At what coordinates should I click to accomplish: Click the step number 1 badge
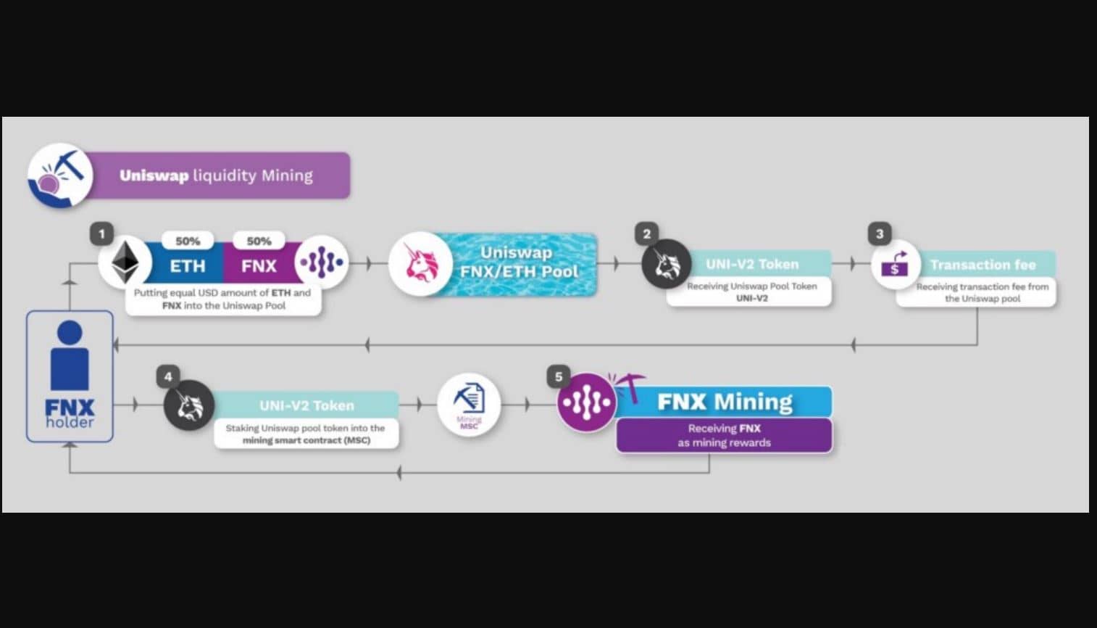(x=102, y=234)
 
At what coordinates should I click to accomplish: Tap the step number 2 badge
(x=647, y=234)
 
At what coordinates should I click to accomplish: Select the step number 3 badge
(x=880, y=234)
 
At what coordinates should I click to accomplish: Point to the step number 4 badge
(x=169, y=376)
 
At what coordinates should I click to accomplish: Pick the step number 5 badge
(x=559, y=376)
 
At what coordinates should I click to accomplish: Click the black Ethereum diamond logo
(x=125, y=263)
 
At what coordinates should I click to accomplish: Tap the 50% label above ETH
(x=188, y=241)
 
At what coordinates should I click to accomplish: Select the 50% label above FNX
(x=259, y=241)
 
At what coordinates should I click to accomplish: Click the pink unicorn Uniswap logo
(x=421, y=264)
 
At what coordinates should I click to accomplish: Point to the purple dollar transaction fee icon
(x=895, y=264)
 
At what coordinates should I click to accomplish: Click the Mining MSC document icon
(x=470, y=405)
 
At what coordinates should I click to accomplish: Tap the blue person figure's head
(x=70, y=332)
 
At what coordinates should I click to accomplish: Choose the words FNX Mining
(x=725, y=402)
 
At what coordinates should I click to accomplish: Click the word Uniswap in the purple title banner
(x=154, y=175)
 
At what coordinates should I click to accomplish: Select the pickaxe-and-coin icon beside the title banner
(x=60, y=175)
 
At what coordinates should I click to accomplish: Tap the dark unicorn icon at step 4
(x=189, y=405)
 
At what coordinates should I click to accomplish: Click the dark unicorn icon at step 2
(x=667, y=264)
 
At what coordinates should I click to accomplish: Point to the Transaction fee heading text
(x=983, y=265)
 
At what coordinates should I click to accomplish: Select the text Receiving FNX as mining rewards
(x=725, y=435)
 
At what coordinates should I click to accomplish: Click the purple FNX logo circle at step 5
(x=587, y=402)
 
